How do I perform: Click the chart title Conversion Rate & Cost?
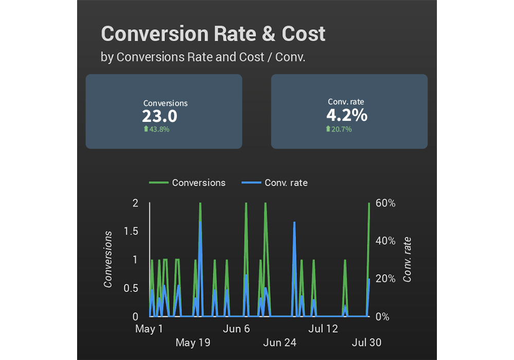tap(213, 34)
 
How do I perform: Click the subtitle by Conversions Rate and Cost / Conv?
tap(203, 57)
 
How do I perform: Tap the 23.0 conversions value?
tap(159, 116)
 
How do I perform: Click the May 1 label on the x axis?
tap(149, 329)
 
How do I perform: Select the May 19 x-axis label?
tap(193, 343)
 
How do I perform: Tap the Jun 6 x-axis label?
tap(236, 329)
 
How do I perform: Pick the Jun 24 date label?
tap(280, 343)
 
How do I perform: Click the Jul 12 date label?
tap(323, 329)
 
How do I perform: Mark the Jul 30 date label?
tap(366, 343)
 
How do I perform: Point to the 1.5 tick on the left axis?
tap(132, 231)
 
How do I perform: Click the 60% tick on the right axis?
tap(385, 203)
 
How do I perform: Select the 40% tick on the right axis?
tap(385, 241)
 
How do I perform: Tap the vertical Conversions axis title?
tap(108, 259)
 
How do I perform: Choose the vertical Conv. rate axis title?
tap(408, 259)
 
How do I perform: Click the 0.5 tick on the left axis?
tap(132, 288)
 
